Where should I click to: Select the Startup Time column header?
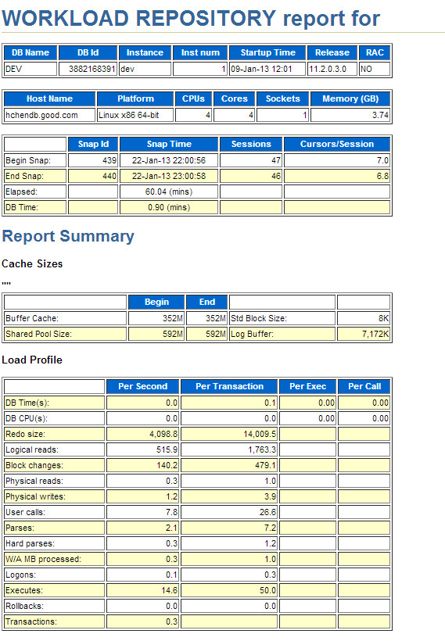coord(267,52)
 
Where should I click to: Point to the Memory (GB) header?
coord(350,98)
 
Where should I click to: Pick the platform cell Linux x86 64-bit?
coord(130,115)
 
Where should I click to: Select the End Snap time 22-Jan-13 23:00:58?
coord(169,176)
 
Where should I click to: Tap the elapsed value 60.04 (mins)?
coord(169,192)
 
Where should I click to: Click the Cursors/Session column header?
coord(337,144)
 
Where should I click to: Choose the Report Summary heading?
coord(68,236)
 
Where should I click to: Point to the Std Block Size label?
coord(258,318)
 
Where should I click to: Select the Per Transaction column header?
coord(229,386)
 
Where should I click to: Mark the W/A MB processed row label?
coord(43,559)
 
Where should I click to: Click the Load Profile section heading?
coord(32,360)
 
